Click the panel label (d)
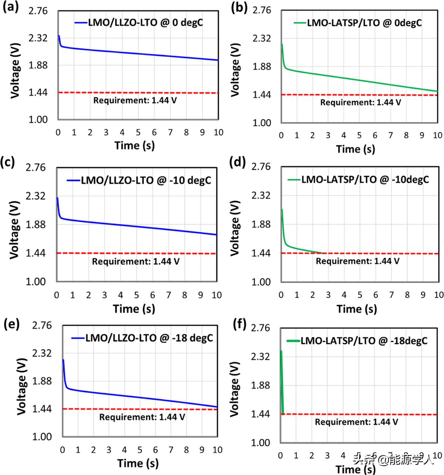(x=238, y=162)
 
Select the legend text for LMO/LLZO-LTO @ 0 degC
(x=145, y=23)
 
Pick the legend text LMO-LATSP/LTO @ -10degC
(x=365, y=179)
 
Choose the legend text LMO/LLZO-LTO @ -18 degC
(x=149, y=338)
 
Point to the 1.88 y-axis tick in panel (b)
(x=262, y=67)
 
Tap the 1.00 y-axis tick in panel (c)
(x=36, y=282)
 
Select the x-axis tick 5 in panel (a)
(x=138, y=132)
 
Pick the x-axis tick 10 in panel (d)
(x=438, y=295)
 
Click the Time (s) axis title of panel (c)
(x=134, y=309)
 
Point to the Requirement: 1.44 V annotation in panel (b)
(x=360, y=102)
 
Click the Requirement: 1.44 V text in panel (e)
(x=142, y=417)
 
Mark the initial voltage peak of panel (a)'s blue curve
(x=59, y=36)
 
